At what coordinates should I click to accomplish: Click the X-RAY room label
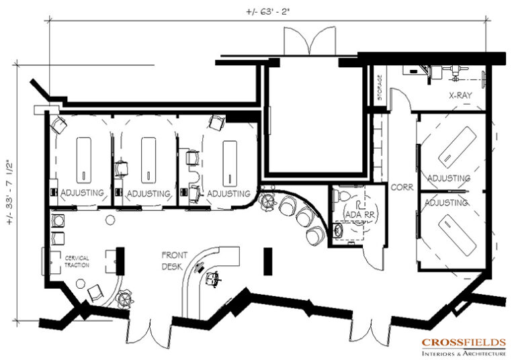point(464,96)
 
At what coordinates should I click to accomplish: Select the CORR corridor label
point(402,189)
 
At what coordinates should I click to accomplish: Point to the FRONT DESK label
point(175,260)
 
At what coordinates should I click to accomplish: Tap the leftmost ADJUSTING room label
point(82,193)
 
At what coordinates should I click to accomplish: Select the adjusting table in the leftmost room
point(83,159)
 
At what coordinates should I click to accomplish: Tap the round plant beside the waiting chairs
point(268,200)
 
